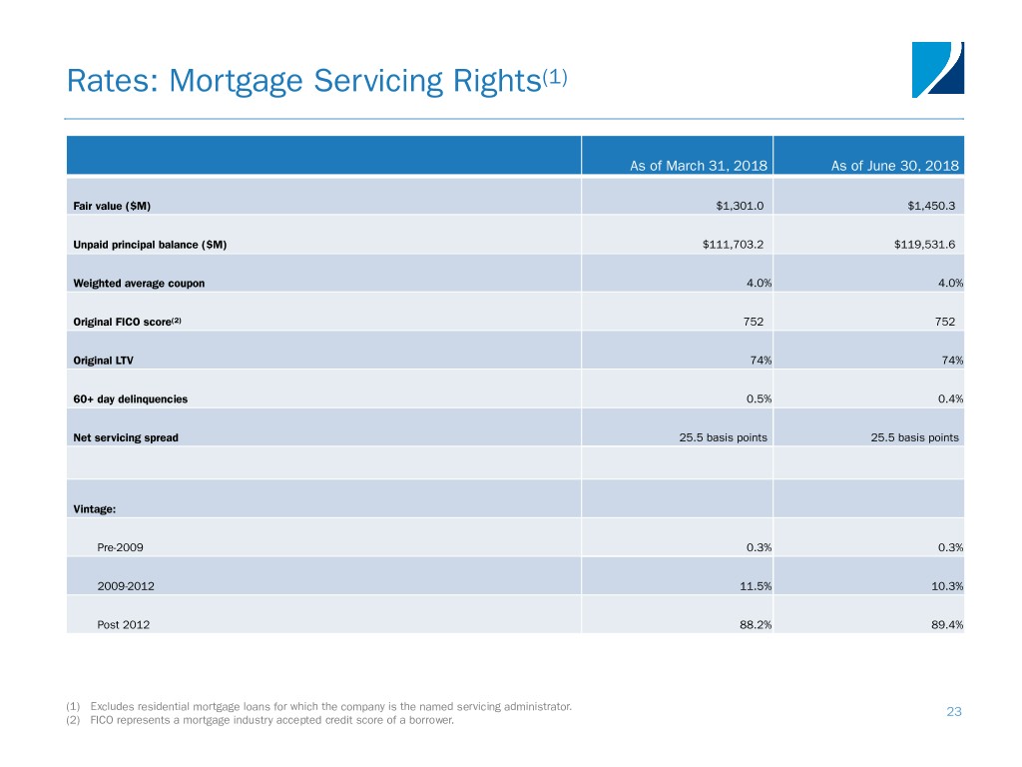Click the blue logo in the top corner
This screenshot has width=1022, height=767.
[x=937, y=70]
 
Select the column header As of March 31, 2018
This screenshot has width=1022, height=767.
[x=698, y=166]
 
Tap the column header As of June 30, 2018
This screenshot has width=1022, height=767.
[x=894, y=166]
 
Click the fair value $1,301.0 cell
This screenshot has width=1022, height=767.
[x=740, y=206]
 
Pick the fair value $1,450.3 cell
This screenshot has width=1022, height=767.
[x=931, y=206]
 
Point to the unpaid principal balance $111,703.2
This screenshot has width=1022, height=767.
[x=733, y=245]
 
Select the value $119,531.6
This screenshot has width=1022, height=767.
[x=924, y=245]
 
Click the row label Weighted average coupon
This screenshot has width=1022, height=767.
[x=139, y=283]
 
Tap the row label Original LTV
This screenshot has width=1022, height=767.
[x=103, y=361]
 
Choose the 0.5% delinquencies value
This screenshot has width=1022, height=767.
[x=759, y=399]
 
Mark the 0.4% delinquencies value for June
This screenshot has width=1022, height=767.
[x=950, y=399]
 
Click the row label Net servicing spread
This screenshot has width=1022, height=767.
[x=125, y=437]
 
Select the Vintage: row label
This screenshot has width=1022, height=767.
[x=95, y=509]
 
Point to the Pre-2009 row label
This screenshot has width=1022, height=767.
[x=120, y=548]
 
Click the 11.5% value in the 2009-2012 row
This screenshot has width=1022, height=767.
[x=756, y=586]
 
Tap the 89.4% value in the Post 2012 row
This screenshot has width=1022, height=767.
[x=947, y=625]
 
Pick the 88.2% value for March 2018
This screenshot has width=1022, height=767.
[x=756, y=625]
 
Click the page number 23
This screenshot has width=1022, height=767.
[x=954, y=711]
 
